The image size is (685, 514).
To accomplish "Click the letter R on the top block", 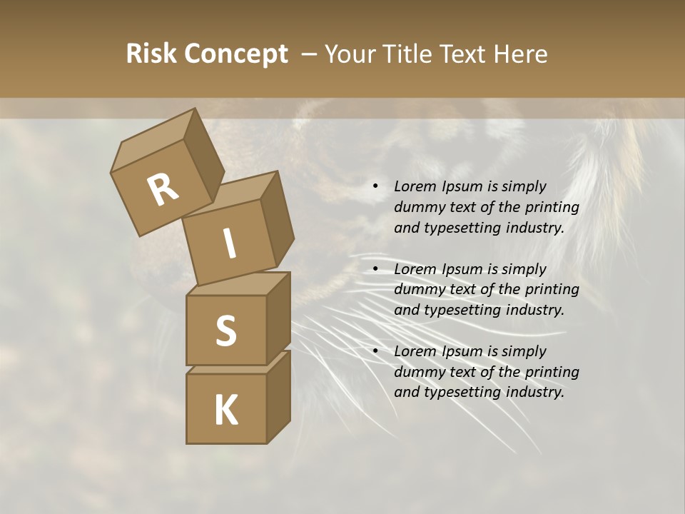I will [163, 190].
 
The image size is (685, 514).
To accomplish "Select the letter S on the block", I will [225, 330].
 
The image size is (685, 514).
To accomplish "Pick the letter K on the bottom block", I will [225, 410].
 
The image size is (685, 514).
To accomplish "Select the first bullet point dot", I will [375, 186].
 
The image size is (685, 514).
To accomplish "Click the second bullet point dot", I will [375, 269].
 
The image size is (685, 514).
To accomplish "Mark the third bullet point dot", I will [375, 351].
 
